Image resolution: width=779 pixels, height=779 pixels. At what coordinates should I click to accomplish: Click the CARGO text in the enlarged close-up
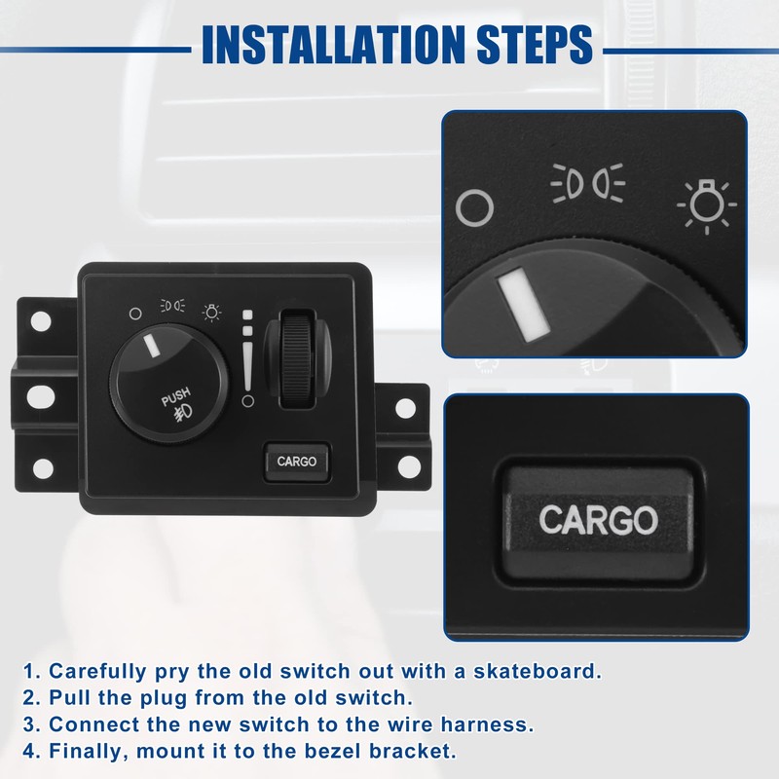tap(598, 520)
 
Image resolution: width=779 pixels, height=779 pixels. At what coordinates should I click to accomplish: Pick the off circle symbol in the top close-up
tap(475, 205)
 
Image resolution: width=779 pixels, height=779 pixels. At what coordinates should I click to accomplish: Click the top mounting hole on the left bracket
tap(41, 320)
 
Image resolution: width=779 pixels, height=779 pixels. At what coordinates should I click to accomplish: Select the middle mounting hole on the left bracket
tap(41, 395)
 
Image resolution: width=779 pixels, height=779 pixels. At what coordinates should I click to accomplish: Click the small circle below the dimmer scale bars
tap(247, 400)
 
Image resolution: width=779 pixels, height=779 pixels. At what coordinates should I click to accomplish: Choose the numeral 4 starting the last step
tap(29, 751)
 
